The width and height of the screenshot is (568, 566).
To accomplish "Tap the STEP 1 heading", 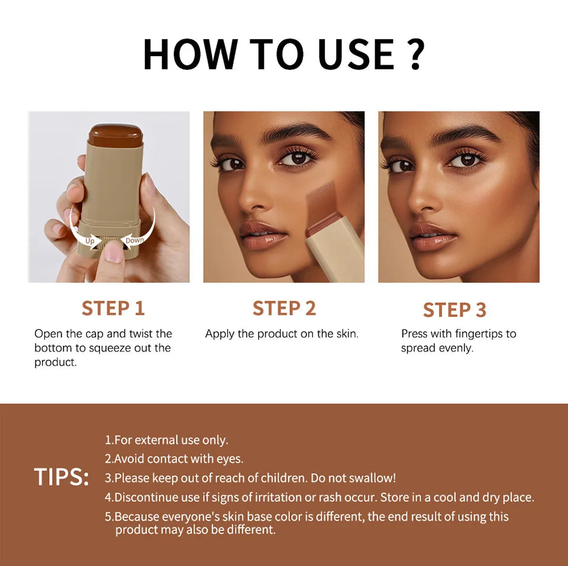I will [113, 308].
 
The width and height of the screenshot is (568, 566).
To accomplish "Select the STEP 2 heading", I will [284, 308].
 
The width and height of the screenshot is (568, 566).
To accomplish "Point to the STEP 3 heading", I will [454, 309].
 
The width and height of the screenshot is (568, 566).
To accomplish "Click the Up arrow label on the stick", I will [90, 241].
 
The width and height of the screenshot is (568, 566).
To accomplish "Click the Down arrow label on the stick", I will [134, 240].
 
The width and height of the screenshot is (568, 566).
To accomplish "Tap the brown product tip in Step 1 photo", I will [115, 135].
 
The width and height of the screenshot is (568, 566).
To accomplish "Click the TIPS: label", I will [61, 477].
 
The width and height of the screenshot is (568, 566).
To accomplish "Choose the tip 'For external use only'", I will [166, 440].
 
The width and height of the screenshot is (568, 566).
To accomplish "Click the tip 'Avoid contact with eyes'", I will [174, 458].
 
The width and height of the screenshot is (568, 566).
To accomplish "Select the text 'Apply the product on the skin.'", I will [282, 334].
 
